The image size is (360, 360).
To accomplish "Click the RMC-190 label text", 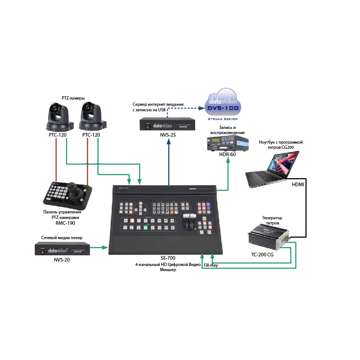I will (62, 223).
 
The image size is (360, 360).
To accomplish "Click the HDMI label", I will (298, 184).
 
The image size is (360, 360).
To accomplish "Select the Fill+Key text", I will (210, 265).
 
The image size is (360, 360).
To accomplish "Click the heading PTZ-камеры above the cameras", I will (73, 98).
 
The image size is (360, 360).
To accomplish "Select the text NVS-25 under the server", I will (168, 135).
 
